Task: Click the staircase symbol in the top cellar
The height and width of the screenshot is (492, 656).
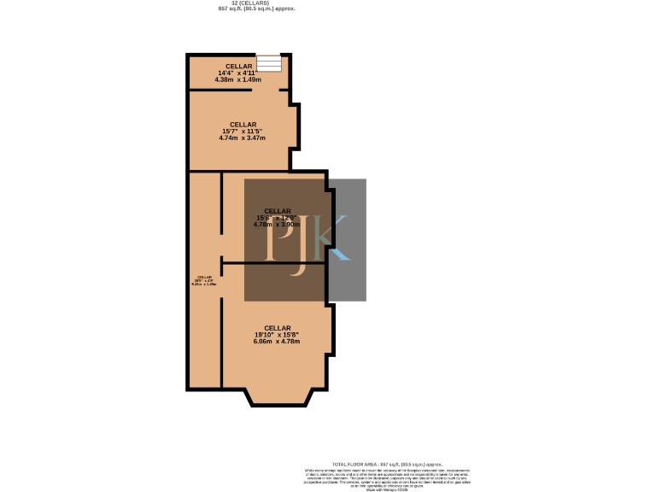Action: pos(269,63)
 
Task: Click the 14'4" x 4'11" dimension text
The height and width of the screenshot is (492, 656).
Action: pos(238,73)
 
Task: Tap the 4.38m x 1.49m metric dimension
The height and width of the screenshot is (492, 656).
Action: pos(238,79)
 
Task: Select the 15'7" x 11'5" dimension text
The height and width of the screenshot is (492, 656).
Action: pos(243,131)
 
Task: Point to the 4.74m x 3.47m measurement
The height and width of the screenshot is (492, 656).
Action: pos(243,138)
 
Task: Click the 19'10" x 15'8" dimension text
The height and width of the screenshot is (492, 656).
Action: pos(277,334)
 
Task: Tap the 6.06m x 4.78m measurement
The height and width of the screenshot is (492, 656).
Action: pos(277,341)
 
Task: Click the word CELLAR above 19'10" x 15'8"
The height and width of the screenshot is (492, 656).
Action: pos(277,327)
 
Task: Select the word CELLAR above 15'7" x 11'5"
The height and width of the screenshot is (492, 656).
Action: pos(243,124)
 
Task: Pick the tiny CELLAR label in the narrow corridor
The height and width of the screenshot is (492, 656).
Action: pos(204,277)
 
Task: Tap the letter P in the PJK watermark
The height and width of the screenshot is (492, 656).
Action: pos(278,239)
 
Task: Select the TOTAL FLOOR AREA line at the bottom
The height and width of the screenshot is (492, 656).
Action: pos(387,464)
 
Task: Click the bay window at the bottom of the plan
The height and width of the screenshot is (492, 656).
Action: pos(277,396)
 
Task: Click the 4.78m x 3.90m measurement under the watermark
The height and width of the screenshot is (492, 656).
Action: pos(277,225)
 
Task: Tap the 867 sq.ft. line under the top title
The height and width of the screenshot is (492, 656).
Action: pos(257,9)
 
